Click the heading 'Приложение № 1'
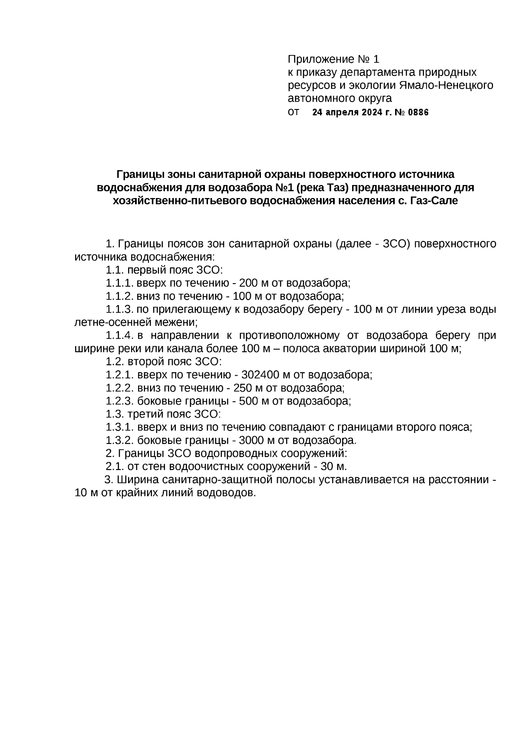333,59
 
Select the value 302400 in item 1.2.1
260,374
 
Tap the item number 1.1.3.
119,309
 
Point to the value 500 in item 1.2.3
248,400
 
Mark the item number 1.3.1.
119,427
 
